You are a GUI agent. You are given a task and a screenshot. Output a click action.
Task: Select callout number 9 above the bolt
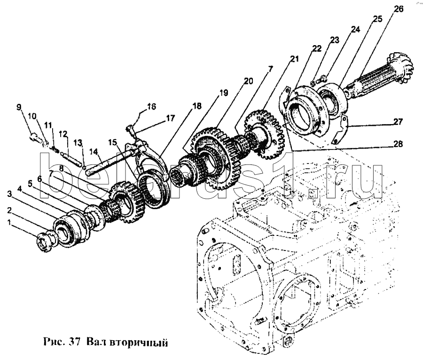19,107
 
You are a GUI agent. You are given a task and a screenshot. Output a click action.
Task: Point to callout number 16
151,107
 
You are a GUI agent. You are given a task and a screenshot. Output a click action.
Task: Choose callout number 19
223,93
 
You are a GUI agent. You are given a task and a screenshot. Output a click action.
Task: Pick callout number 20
248,81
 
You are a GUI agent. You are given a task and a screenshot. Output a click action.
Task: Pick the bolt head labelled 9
35,137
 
